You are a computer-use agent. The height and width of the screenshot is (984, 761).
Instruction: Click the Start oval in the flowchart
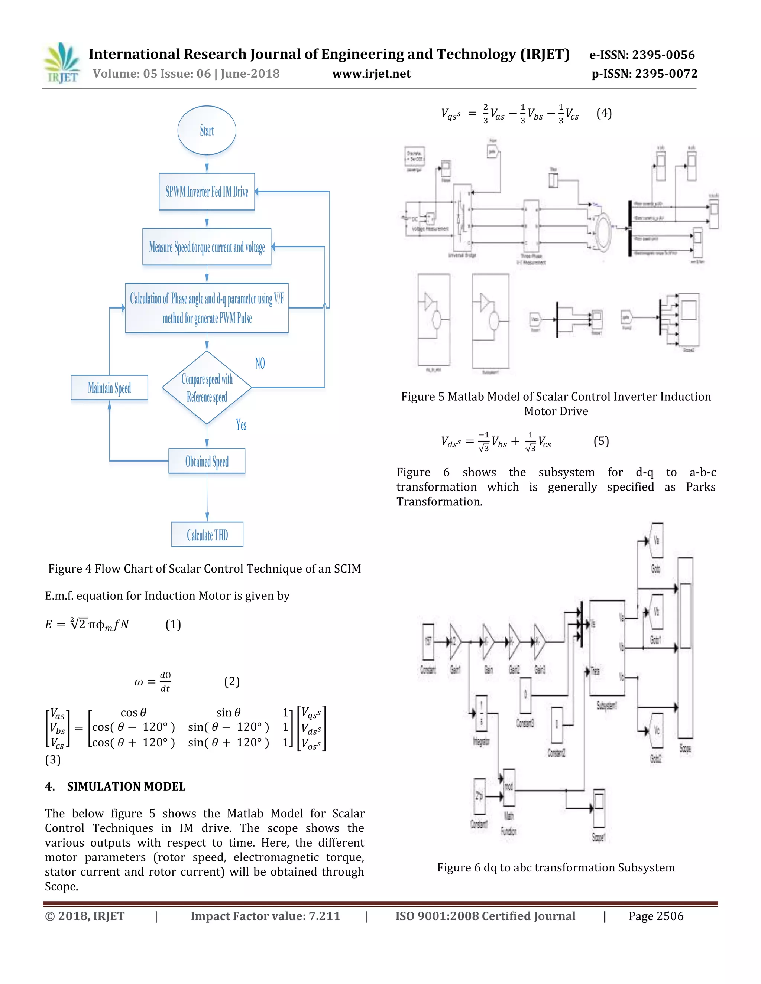[x=207, y=131]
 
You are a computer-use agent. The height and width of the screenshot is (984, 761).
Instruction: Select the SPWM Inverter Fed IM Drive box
[x=207, y=192]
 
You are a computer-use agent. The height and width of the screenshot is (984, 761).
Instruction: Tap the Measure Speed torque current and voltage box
[x=207, y=247]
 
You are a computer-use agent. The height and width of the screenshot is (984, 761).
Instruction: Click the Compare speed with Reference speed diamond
[x=207, y=387]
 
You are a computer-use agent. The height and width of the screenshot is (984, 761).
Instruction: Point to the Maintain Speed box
[x=109, y=387]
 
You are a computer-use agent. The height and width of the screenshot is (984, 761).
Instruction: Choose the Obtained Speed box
[x=207, y=461]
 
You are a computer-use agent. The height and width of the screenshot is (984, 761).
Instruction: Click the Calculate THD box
[x=207, y=535]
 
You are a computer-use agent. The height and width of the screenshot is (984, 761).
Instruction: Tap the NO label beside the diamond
[x=260, y=363]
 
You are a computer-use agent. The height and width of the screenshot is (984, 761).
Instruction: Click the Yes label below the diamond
[x=241, y=424]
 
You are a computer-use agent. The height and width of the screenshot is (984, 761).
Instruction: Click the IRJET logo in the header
[x=62, y=63]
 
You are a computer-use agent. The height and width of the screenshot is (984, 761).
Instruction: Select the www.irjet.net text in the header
[x=371, y=74]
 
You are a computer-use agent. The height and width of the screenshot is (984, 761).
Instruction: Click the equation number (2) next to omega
[x=232, y=681]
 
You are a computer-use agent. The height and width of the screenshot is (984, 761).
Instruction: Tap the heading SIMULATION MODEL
[x=126, y=786]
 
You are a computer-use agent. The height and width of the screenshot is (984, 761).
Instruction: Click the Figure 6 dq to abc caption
[x=556, y=867]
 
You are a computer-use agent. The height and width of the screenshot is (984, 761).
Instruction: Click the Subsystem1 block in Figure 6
[x=607, y=648]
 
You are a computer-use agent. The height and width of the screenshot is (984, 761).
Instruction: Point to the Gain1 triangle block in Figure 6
[x=455, y=641]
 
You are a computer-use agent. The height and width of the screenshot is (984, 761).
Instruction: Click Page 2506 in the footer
[x=655, y=916]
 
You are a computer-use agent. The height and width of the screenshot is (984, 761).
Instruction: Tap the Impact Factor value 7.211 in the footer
[x=265, y=916]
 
